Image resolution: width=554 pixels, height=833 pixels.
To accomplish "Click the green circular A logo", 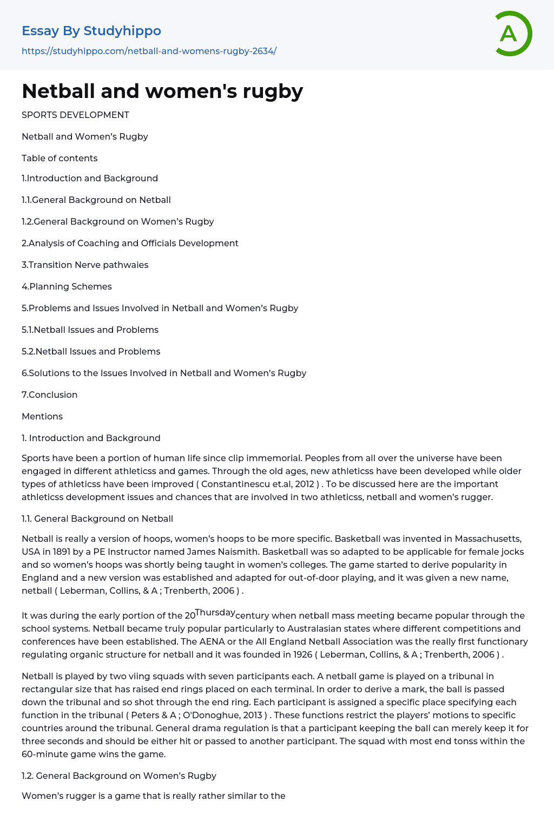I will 513,34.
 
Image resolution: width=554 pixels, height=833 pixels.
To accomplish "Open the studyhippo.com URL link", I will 149,51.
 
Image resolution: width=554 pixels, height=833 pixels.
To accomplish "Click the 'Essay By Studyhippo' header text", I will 91,31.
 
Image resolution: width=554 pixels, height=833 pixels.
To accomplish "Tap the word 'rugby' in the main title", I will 273,91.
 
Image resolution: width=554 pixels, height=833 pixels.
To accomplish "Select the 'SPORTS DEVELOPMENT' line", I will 75,115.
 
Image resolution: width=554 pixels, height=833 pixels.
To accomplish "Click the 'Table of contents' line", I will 60,159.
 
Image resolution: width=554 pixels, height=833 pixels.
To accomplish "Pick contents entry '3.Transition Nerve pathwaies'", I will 85,265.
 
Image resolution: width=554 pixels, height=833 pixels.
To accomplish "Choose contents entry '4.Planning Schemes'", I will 67,287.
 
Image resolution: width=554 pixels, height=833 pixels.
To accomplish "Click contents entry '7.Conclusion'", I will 49,395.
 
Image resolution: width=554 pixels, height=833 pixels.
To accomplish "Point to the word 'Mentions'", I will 42,417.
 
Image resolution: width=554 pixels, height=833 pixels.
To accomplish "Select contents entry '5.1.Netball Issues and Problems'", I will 90,330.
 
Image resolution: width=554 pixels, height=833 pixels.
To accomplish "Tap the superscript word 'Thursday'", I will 215,613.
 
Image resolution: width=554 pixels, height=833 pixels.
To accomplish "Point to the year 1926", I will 302,655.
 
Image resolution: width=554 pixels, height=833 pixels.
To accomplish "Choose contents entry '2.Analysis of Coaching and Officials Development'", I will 130,244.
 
